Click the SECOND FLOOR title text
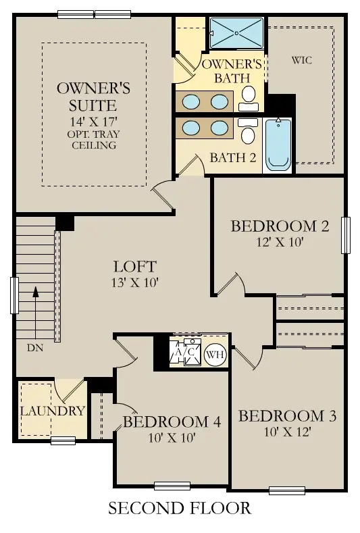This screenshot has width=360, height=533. point(180,508)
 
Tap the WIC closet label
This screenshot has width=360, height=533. point(302,60)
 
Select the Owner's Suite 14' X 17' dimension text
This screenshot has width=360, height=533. point(96,122)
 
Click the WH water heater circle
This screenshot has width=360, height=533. point(215,354)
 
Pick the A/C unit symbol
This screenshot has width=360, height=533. point(184,353)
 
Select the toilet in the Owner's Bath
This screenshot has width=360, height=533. point(249,96)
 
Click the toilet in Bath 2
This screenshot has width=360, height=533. point(247,132)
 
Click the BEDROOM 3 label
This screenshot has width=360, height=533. point(288,415)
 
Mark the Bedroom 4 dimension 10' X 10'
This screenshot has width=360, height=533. point(172,438)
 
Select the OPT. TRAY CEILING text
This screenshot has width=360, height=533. point(96,140)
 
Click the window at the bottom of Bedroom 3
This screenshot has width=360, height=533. point(287,490)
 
